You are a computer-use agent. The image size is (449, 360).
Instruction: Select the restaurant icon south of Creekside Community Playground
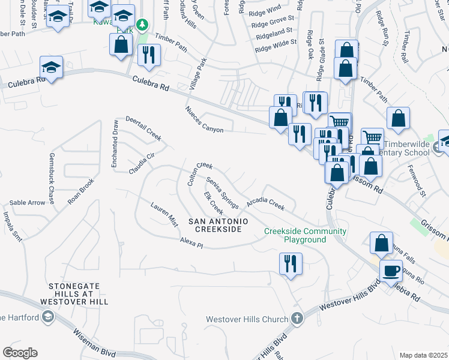coord(291,263)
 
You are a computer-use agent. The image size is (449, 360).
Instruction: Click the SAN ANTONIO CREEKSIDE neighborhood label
coord(218,226)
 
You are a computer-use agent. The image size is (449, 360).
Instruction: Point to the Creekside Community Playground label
coord(306,235)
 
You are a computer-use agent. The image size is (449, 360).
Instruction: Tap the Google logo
coord(20,353)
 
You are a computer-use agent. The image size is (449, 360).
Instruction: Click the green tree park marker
coord(143,25)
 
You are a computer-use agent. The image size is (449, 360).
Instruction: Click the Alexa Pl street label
coord(192,242)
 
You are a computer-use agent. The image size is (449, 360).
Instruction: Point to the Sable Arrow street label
coord(27,203)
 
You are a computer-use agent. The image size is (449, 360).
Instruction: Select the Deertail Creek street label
coord(143,128)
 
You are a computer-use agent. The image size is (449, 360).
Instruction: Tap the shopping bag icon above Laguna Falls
coord(381,244)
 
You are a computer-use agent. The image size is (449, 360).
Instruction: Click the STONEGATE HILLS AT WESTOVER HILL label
coord(71,296)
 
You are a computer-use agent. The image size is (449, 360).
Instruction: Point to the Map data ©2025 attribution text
coord(424,355)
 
